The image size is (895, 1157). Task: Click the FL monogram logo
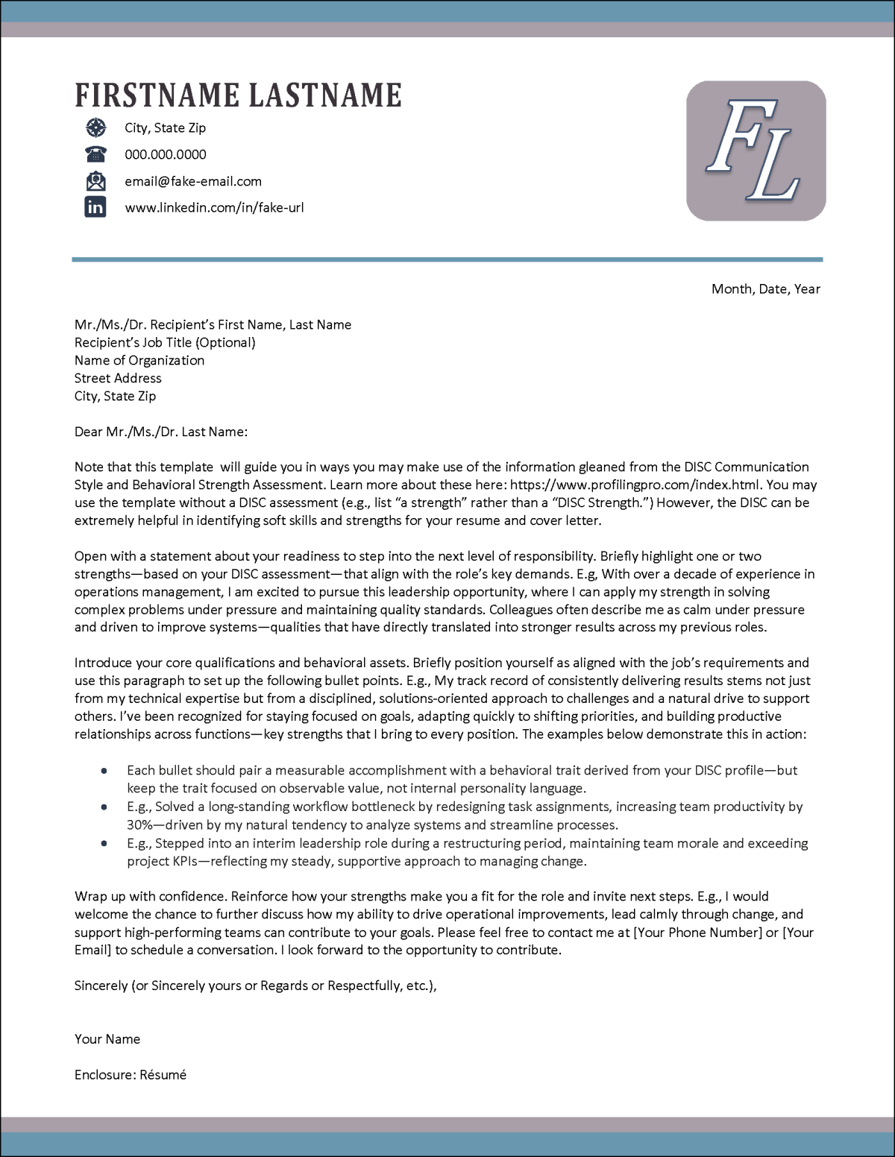(x=756, y=151)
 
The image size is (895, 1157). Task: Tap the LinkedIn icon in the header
(x=95, y=207)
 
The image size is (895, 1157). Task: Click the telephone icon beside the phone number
(x=95, y=154)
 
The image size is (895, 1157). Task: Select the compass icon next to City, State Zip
(x=95, y=128)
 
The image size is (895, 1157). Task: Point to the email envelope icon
(x=95, y=181)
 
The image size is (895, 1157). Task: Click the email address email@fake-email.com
(x=193, y=181)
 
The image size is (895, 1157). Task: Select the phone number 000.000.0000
(x=166, y=154)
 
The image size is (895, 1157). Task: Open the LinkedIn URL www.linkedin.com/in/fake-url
(x=214, y=208)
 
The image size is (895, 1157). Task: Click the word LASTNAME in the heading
(x=325, y=96)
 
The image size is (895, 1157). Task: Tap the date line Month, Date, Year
(x=765, y=289)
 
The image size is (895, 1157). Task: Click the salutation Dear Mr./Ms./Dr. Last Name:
(x=161, y=432)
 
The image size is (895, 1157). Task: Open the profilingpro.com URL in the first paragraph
(x=635, y=485)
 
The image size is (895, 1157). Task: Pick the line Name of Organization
(x=139, y=360)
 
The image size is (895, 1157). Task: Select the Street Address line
(x=118, y=378)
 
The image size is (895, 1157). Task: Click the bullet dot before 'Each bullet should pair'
(x=104, y=771)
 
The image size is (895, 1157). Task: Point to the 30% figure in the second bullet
(x=139, y=825)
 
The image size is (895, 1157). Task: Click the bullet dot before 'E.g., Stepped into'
(x=104, y=844)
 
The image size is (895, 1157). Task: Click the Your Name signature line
(x=107, y=1039)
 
